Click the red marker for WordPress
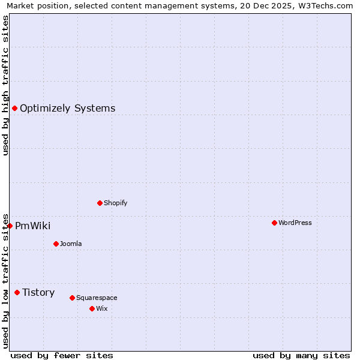(x=274, y=223)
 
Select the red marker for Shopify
(x=100, y=203)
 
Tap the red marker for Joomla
(x=56, y=244)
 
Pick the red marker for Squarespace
(x=72, y=298)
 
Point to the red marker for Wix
(x=92, y=308)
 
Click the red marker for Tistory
(x=17, y=292)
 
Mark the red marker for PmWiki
(x=10, y=226)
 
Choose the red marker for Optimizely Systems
(x=14, y=108)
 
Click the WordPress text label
(x=295, y=223)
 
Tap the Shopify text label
(x=116, y=203)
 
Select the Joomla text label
(x=71, y=244)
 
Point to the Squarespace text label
(x=97, y=298)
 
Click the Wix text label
(x=102, y=308)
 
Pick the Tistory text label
(x=38, y=292)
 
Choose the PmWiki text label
(x=33, y=226)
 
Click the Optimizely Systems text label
(x=68, y=108)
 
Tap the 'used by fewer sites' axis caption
(x=62, y=355)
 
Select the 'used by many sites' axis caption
(x=301, y=355)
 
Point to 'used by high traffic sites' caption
(x=6, y=85)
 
